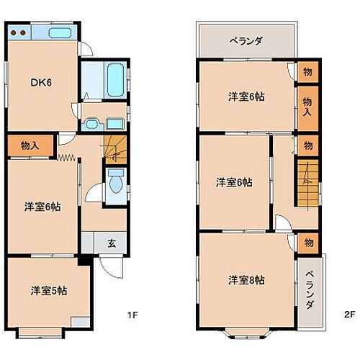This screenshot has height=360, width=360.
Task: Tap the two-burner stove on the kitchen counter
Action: tap(19, 33)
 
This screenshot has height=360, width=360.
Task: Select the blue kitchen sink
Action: tap(60, 33)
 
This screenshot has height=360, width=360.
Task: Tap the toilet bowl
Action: tap(114, 185)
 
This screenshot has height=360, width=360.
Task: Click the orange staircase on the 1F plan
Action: tap(114, 148)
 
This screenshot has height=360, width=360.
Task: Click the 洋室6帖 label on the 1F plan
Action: tap(42, 207)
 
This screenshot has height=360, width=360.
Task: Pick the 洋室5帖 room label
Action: tap(49, 291)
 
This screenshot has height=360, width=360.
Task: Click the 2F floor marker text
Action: tap(349, 315)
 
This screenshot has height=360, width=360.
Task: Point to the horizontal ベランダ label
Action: tap(246, 41)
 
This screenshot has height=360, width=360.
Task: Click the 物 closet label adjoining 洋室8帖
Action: tap(308, 242)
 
